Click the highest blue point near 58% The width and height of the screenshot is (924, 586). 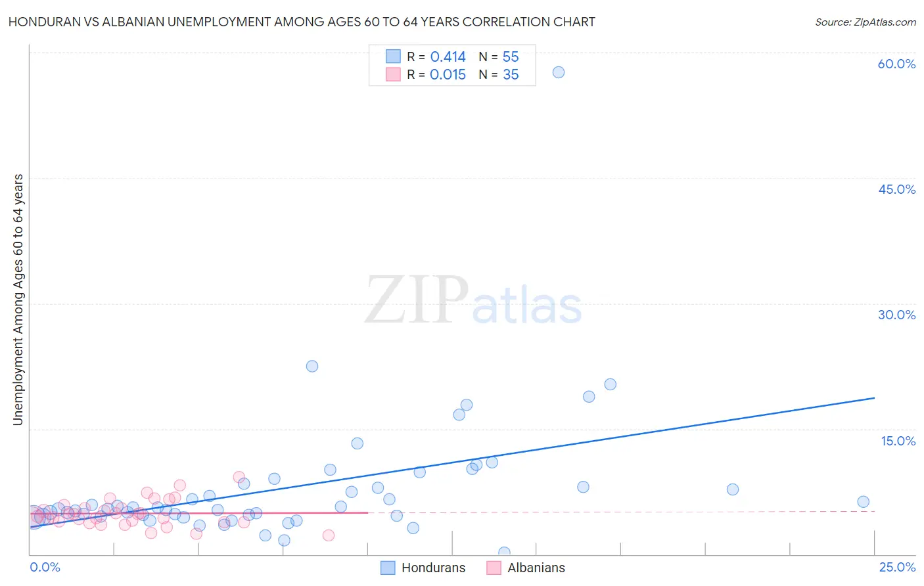click(x=559, y=72)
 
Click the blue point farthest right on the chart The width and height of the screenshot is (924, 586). click(x=863, y=502)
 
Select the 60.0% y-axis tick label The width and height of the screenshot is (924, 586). click(x=896, y=64)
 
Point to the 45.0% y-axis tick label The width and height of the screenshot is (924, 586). click(x=896, y=189)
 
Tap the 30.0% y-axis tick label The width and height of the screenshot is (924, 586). click(x=896, y=315)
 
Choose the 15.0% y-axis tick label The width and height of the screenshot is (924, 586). click(x=898, y=441)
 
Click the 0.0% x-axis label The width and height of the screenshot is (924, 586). click(x=45, y=567)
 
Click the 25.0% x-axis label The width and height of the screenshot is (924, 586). click(x=897, y=567)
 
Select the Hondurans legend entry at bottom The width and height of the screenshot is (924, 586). click(x=423, y=568)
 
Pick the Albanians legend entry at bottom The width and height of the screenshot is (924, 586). click(x=526, y=568)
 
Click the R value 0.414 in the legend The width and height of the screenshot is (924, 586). click(x=448, y=57)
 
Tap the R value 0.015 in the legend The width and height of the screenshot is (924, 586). click(x=448, y=75)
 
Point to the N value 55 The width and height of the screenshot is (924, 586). click(x=511, y=57)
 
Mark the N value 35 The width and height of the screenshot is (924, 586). click(x=511, y=75)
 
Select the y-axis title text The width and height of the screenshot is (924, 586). click(x=18, y=299)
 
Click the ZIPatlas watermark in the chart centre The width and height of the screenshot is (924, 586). click(x=473, y=301)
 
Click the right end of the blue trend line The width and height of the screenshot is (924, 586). click(x=874, y=397)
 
